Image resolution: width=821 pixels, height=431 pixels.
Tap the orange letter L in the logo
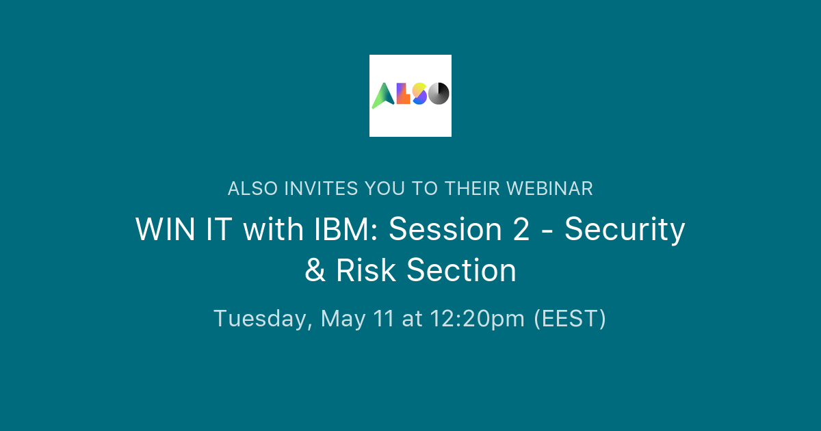coord(404,94)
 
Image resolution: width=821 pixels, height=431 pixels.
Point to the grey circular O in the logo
coord(439,94)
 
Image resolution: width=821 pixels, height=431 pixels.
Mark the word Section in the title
coord(461,271)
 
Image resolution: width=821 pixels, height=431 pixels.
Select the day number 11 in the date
coord(382,319)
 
